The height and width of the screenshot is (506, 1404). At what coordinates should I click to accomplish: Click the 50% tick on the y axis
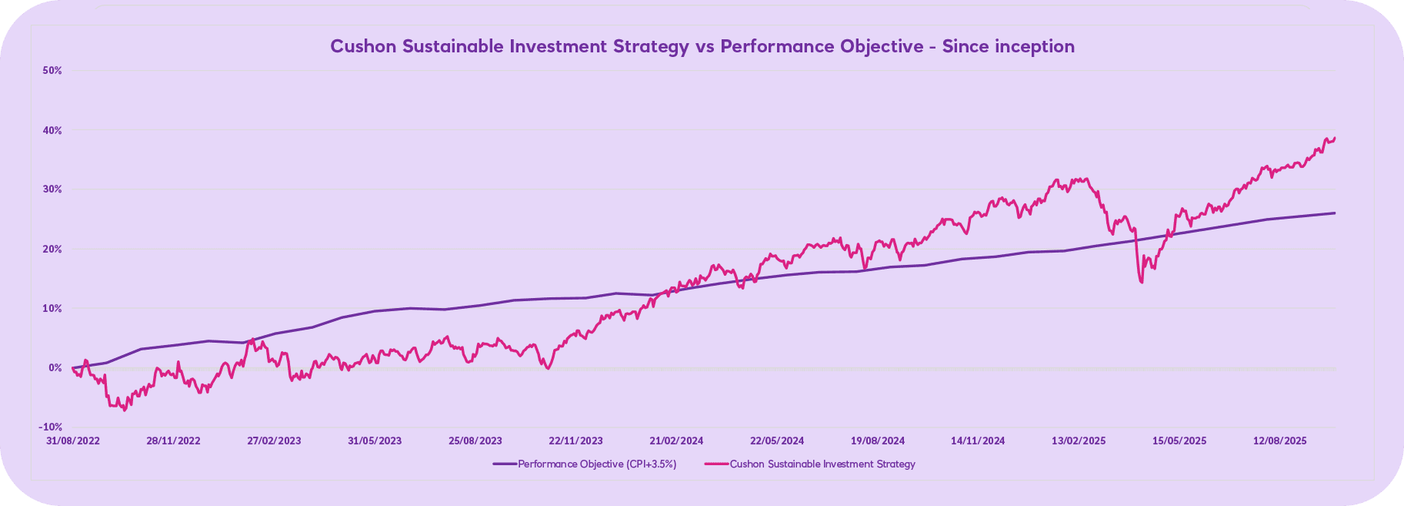point(52,70)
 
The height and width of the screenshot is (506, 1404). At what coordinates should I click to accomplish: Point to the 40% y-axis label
point(52,130)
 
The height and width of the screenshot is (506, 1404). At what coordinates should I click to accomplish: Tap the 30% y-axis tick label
point(52,189)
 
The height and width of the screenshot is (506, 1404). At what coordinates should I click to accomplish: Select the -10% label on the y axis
point(52,427)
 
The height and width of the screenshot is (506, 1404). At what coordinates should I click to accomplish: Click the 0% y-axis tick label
point(55,367)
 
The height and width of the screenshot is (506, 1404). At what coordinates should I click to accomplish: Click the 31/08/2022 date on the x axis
point(73,441)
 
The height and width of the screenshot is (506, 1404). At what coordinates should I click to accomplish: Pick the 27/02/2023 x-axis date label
point(274,441)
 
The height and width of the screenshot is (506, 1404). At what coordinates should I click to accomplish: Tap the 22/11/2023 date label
point(575,441)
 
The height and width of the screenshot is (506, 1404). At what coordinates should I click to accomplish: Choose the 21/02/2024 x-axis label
point(676,441)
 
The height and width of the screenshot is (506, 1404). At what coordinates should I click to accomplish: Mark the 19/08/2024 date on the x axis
point(878,441)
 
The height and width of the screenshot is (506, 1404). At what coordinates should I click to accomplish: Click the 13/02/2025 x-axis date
point(1079,441)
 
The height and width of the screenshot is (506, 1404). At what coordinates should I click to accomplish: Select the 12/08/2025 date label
point(1280,441)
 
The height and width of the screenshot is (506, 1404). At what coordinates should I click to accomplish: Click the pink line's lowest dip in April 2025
point(1142,282)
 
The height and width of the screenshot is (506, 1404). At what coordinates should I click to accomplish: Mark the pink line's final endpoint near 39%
point(1335,138)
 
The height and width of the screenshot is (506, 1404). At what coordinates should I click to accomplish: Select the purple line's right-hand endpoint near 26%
point(1335,213)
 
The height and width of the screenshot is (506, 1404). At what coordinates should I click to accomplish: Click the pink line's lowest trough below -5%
point(125,410)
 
